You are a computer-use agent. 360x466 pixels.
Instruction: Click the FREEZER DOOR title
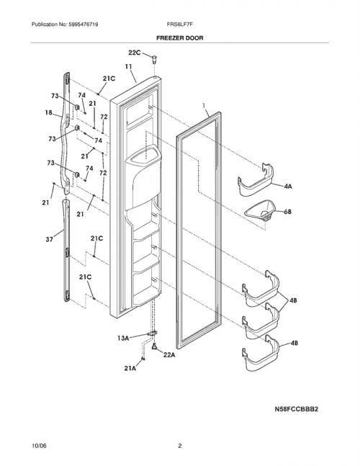(180, 38)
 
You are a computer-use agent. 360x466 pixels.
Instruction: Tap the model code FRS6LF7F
(180, 24)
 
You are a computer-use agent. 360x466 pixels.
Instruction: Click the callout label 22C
(135, 53)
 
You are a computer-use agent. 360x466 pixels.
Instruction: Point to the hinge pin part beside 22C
(154, 59)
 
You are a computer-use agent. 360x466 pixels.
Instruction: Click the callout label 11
(128, 66)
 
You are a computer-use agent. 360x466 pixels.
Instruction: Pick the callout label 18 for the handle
(48, 112)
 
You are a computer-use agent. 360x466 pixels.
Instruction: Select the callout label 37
(49, 239)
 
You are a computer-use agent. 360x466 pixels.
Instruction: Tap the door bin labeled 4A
(256, 180)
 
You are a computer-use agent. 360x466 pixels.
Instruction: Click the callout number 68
(287, 212)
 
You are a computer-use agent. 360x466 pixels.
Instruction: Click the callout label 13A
(123, 338)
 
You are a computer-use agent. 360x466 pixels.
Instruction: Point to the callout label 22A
(169, 354)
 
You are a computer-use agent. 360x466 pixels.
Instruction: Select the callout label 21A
(130, 368)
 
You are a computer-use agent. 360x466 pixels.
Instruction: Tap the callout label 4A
(288, 187)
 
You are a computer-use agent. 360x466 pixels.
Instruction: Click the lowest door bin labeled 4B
(261, 353)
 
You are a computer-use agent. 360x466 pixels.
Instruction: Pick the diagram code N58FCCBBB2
(296, 409)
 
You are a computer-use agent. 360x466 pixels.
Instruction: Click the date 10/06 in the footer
(39, 446)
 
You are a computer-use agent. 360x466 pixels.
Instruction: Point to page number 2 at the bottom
(180, 446)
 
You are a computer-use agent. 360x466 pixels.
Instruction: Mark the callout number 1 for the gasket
(204, 105)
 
